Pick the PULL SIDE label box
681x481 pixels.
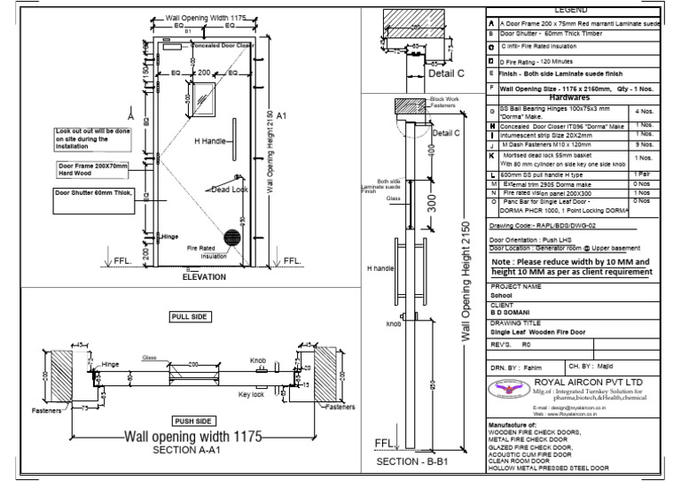point(189,314)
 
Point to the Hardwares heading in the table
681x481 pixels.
point(574,97)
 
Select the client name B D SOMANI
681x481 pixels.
point(510,313)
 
